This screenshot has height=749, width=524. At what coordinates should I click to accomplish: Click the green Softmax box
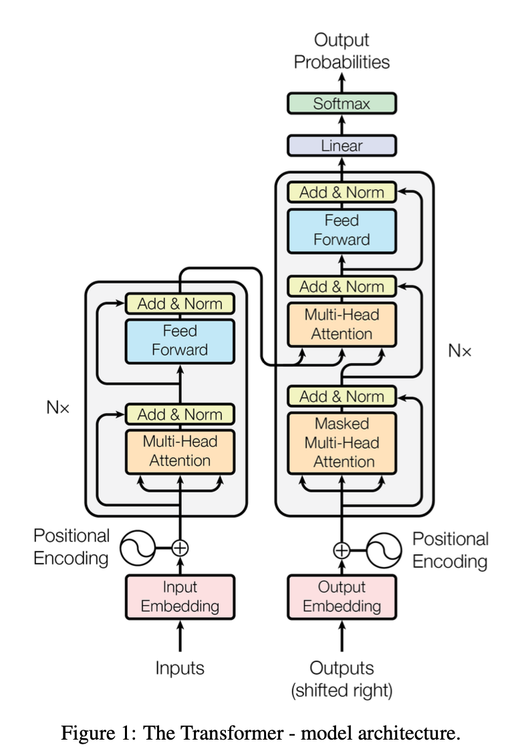[342, 104]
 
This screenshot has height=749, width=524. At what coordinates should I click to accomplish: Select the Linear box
[342, 146]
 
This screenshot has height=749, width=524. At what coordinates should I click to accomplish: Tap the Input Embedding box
[180, 597]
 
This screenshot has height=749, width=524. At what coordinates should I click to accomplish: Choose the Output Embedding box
[342, 597]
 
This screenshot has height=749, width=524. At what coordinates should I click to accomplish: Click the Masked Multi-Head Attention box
[342, 443]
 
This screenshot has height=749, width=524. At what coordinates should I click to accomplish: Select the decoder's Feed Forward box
[342, 231]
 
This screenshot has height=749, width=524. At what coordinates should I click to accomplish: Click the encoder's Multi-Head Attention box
[180, 452]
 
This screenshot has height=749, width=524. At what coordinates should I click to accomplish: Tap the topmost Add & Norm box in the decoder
[342, 192]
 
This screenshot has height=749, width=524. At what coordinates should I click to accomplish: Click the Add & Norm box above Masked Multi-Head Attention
[342, 396]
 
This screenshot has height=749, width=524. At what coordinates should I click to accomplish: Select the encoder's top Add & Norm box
[180, 304]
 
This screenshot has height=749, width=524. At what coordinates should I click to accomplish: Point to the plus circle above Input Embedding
[180, 548]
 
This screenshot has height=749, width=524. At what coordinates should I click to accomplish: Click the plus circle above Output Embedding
[342, 550]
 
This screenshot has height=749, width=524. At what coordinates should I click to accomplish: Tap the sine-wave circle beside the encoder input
[138, 548]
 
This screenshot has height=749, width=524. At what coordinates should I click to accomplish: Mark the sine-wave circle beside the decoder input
[384, 550]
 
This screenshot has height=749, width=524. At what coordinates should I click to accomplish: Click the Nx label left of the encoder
[57, 407]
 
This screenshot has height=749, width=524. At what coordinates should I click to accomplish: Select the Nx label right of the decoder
[460, 351]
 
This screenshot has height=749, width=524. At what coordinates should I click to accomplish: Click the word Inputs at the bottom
[180, 668]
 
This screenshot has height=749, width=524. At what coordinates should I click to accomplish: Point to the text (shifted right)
[342, 690]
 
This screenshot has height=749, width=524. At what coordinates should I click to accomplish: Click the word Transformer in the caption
[213, 733]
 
